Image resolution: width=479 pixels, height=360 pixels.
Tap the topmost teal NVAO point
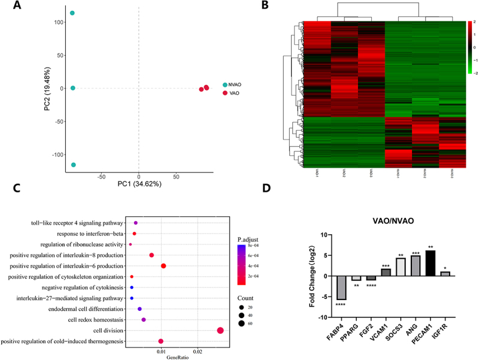[72, 13]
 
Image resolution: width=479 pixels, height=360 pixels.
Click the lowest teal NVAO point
[73, 165]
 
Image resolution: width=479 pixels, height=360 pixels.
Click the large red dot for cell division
[220, 331]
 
